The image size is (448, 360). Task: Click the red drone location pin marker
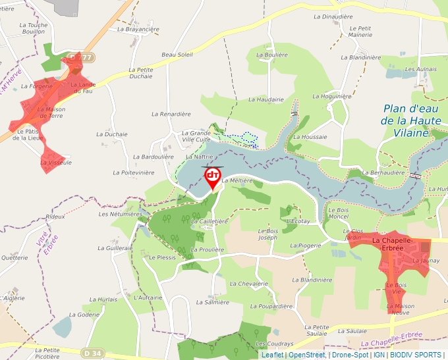tap(213, 176)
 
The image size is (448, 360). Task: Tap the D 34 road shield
tap(93, 353)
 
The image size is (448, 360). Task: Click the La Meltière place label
tap(238, 180)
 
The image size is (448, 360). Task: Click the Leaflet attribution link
tap(272, 355)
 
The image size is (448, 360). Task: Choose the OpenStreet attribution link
tap(306, 355)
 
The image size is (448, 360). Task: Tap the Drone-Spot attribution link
tap(350, 355)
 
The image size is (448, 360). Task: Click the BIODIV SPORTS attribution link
tap(416, 355)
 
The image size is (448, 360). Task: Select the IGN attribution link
tap(379, 355)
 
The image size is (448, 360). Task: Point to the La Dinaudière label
tap(333, 16)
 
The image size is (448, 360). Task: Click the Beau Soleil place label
tap(177, 55)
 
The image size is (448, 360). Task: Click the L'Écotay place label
tap(298, 221)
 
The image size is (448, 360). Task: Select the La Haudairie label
tap(266, 99)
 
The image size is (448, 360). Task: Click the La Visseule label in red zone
tap(56, 162)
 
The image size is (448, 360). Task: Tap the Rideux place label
tap(55, 217)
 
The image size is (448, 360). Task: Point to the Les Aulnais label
tap(421, 69)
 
